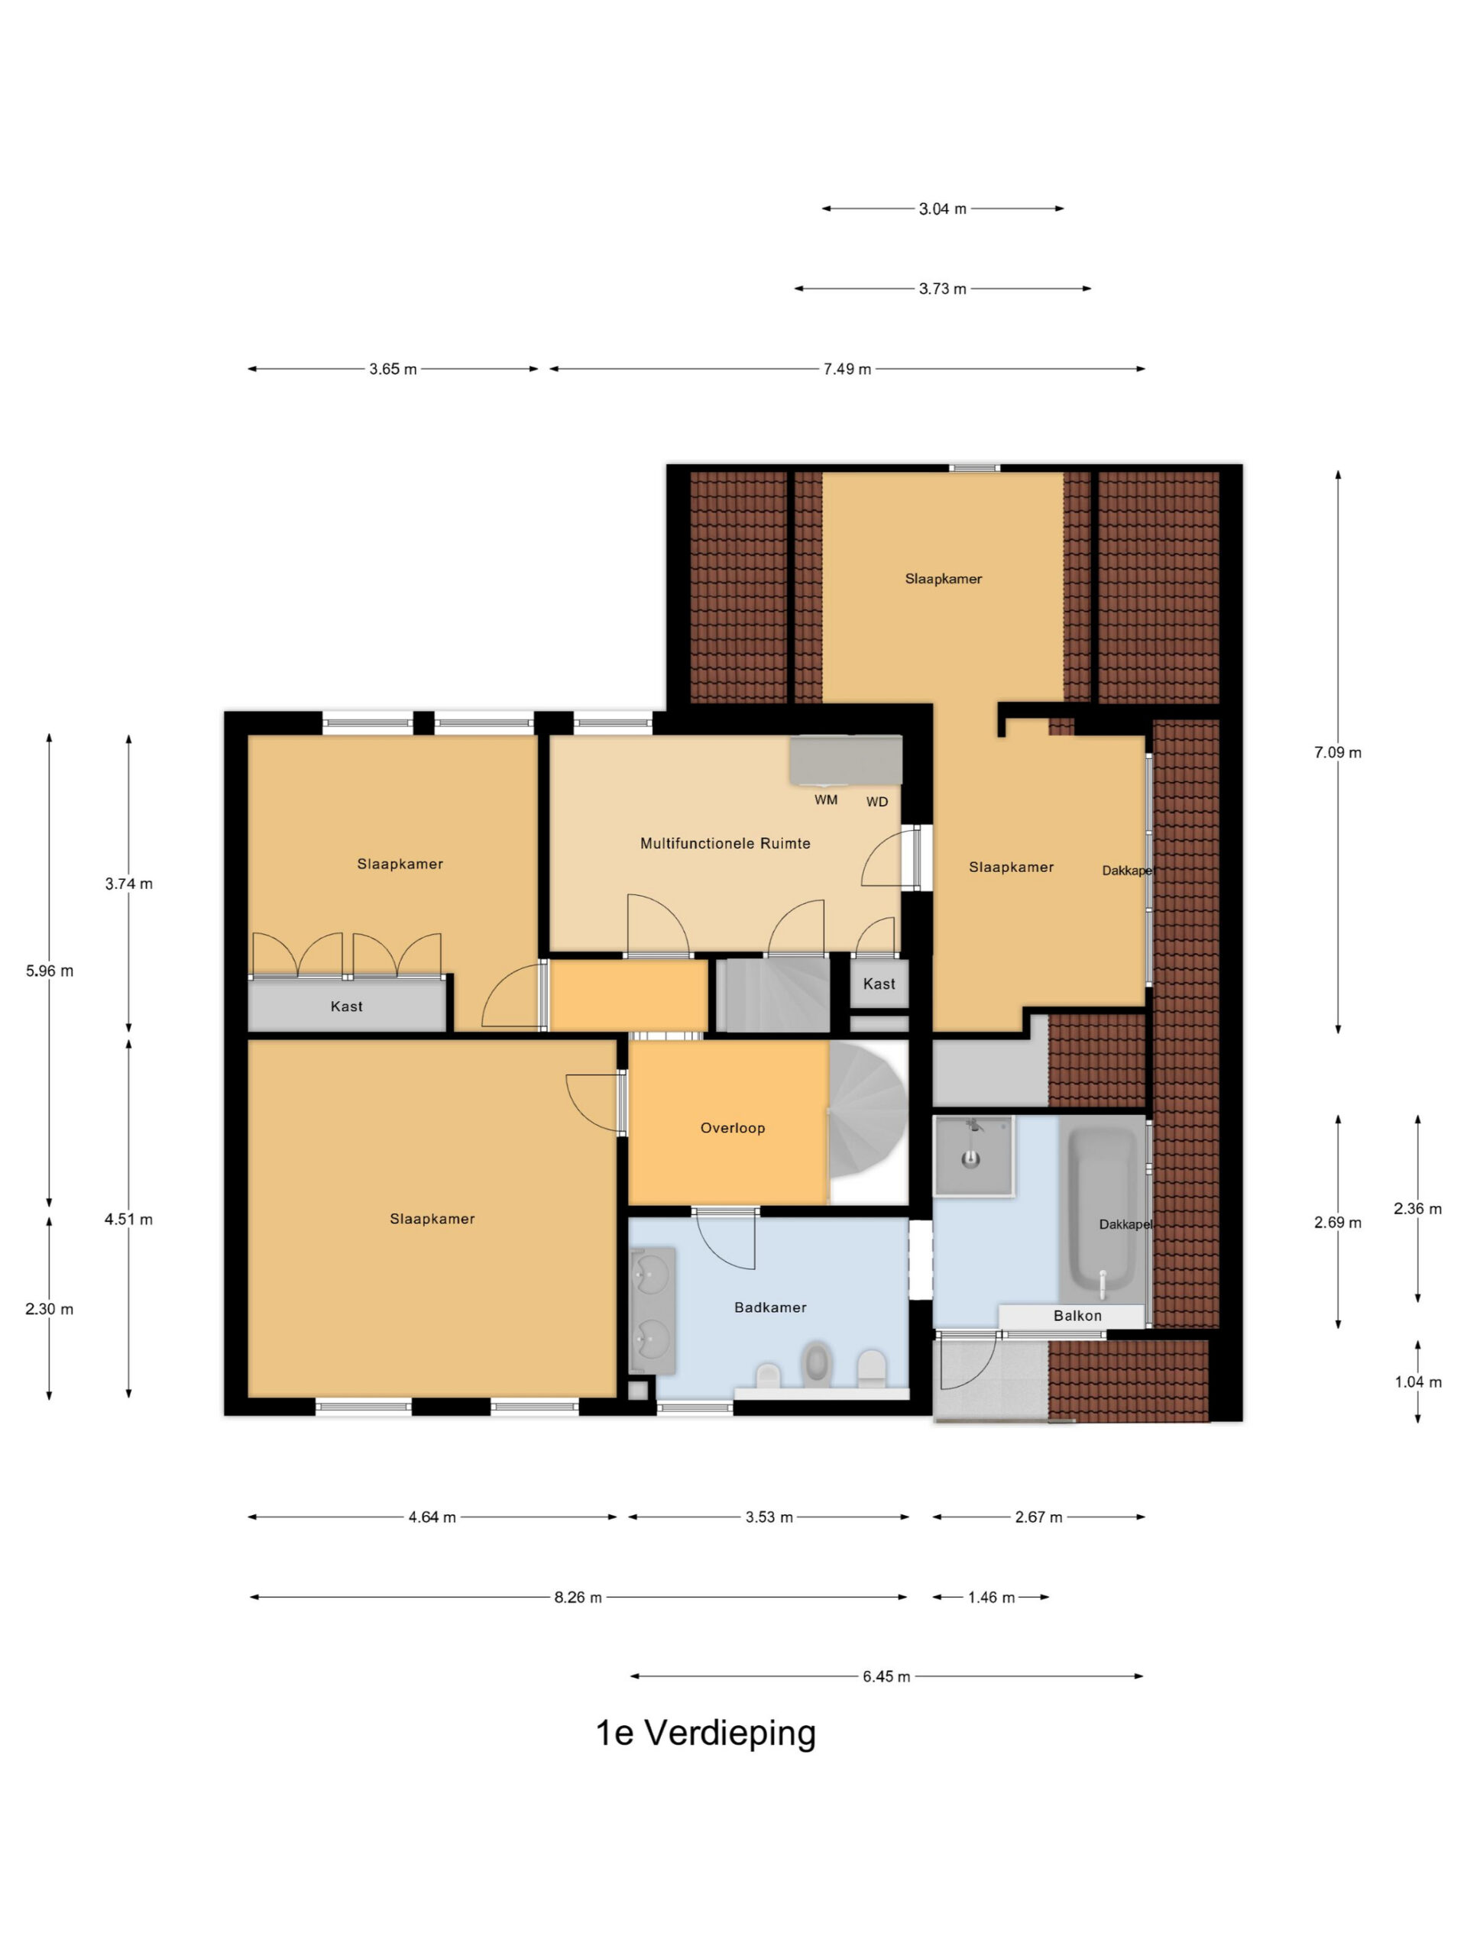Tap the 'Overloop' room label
point(732,1128)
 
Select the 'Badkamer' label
point(770,1307)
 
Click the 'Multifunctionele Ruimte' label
point(725,843)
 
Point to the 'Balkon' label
point(1077,1315)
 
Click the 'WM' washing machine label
point(826,800)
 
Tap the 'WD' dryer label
point(877,802)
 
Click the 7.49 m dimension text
point(847,369)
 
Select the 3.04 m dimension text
point(943,208)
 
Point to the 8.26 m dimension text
point(578,1597)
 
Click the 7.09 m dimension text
point(1338,752)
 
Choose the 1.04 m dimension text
point(1418,1381)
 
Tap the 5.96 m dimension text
point(50,971)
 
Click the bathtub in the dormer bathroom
point(1102,1211)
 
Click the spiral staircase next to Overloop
point(867,1123)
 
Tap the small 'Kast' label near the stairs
point(879,984)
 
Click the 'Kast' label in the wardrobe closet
point(347,1006)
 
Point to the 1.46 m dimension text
point(991,1597)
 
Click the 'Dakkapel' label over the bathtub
point(1125,1224)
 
